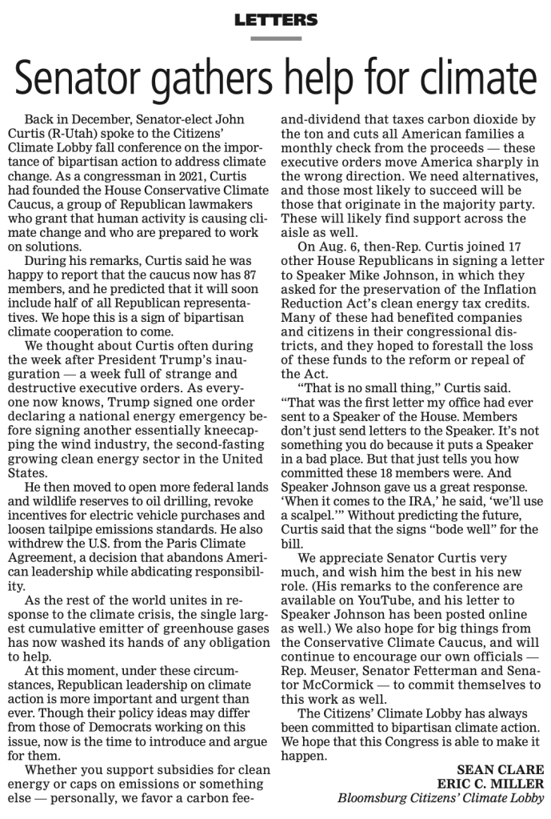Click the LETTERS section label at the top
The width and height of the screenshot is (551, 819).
tap(275, 20)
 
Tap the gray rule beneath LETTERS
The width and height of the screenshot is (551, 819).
tap(275, 38)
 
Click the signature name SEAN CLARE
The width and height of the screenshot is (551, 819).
tap(501, 769)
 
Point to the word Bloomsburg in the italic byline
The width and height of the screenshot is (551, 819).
tap(375, 797)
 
